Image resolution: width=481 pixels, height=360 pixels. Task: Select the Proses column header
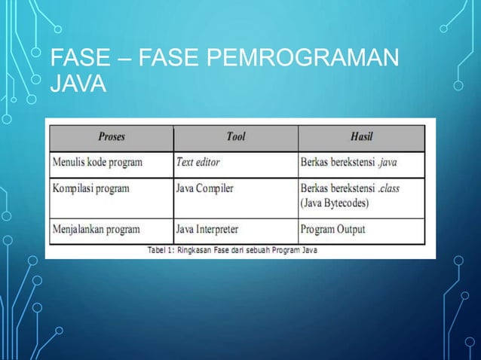point(112,137)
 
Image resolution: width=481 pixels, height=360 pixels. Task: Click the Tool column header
point(236,137)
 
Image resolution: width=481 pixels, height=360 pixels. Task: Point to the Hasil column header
point(362,137)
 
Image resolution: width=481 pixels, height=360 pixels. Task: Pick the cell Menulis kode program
point(97,161)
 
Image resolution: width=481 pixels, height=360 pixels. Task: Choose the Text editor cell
point(198,161)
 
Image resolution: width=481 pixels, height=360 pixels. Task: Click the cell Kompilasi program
point(91,188)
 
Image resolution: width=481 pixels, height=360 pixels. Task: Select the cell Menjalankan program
point(97,228)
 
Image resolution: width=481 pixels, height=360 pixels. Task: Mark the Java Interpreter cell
point(208,228)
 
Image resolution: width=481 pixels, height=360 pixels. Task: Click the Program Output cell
point(332,228)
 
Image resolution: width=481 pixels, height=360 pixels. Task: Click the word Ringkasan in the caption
point(197,249)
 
